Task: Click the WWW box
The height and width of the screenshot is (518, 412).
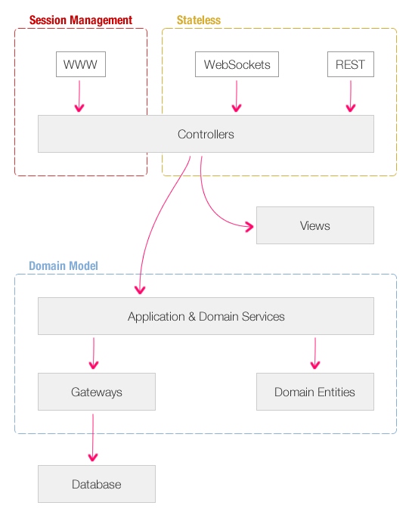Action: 81,64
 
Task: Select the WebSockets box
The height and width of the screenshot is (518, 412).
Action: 237,64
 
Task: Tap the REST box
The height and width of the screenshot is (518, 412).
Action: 351,64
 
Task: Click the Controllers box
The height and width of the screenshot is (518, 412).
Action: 206,134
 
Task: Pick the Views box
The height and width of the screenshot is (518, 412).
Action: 315,225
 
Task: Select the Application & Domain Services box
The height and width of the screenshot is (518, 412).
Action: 206,316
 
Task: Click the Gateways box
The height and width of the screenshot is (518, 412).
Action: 97,392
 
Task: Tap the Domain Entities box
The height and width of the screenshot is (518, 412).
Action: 315,392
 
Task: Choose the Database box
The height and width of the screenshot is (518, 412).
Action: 97,484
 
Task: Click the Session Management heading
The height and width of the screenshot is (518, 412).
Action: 81,20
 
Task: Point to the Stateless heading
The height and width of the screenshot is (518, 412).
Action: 199,20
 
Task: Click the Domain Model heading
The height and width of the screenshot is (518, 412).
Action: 64,266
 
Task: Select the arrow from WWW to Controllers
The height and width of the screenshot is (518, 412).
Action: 79,96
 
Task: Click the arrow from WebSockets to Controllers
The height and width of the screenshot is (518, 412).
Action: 237,96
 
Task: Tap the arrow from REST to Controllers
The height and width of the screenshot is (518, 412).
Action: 351,96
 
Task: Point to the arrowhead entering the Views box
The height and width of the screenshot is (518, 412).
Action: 250,227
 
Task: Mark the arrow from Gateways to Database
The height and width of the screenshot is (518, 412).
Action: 93,438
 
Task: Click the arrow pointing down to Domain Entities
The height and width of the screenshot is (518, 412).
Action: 315,353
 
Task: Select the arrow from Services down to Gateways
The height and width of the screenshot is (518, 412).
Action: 94,353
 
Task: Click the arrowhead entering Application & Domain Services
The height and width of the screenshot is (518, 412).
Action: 140,290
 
